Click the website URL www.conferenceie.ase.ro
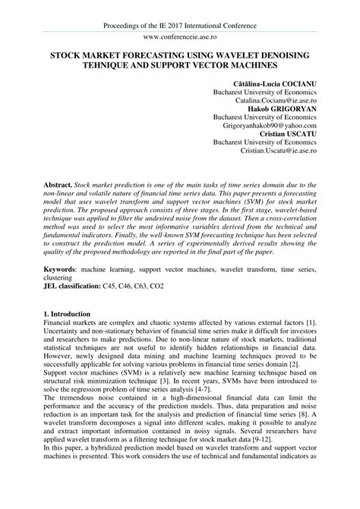pos(179,36)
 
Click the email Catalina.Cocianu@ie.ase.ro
pos(276,100)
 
